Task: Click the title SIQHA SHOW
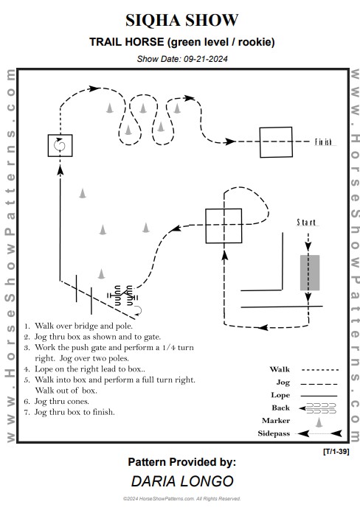[x=181, y=20]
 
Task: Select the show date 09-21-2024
[x=205, y=59]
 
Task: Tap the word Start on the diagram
[x=306, y=223]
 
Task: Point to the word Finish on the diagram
[x=323, y=142]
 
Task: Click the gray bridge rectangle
[x=310, y=273]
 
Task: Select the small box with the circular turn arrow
[x=60, y=145]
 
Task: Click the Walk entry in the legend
[x=280, y=369]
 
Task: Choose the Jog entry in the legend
[x=283, y=382]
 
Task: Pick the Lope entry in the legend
[x=280, y=395]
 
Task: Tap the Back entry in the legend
[x=280, y=408]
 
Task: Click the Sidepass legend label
[x=274, y=433]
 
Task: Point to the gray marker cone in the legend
[x=319, y=422]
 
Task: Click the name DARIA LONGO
[x=182, y=481]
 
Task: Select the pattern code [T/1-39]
[x=336, y=452]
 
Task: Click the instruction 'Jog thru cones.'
[x=62, y=401]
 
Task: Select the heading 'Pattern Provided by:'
[x=182, y=462]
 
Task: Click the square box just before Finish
[x=276, y=142]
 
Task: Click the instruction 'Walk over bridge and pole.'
[x=83, y=326]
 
